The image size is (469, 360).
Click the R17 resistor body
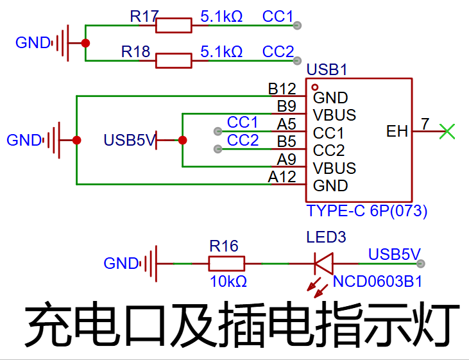pos(174,26)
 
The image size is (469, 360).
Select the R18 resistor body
pos(174,61)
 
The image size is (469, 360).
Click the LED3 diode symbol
pos(323,263)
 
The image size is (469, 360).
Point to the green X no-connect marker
pos(447,132)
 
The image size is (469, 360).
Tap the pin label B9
pos(286,106)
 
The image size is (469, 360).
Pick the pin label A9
pos(286,159)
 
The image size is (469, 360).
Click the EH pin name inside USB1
pos(397,132)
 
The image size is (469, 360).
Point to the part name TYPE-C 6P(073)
pos(367,210)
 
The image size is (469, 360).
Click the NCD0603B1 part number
pos(377,281)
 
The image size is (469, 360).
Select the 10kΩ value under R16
pos(228,282)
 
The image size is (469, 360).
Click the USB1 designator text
pos(327,69)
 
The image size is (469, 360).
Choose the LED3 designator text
pos(326,237)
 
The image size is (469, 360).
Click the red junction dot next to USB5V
pos(182,140)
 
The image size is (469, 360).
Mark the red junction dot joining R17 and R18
pos(85,43)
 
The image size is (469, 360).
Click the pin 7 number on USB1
pos(425,123)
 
